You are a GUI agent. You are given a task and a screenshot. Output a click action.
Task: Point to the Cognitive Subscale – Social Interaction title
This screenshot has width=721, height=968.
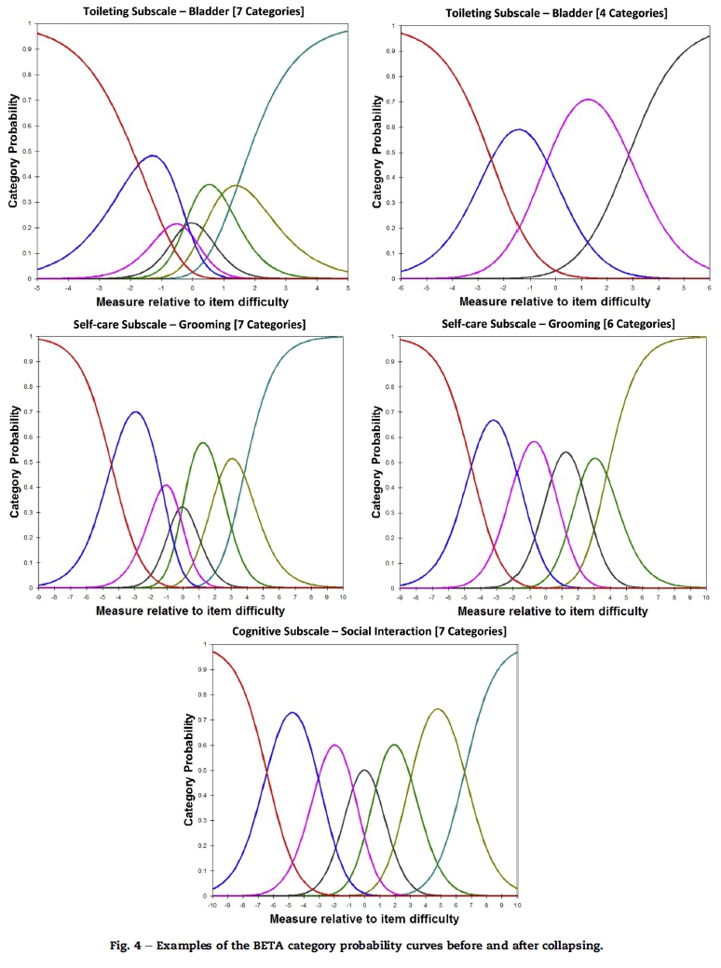363,632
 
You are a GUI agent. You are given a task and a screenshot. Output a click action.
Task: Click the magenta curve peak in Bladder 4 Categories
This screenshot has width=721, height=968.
587,100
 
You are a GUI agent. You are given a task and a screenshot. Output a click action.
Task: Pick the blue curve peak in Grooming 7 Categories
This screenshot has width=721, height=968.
136,411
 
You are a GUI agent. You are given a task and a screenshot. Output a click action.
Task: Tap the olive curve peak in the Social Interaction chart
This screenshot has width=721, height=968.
437,709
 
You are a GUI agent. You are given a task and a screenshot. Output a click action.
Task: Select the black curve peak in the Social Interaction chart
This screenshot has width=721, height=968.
364,770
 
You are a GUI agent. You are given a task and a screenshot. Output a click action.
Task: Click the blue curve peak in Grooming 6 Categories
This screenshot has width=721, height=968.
494,421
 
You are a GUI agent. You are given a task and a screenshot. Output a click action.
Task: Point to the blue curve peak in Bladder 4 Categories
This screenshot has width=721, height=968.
518,129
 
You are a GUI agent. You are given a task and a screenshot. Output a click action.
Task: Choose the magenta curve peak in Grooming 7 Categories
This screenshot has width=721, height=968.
167,485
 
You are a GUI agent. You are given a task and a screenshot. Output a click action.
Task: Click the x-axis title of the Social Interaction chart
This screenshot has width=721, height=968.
364,919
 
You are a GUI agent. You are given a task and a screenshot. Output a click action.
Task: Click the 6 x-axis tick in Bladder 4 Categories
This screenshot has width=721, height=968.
709,288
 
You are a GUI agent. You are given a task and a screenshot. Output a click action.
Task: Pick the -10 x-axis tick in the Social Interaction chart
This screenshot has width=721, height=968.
212,904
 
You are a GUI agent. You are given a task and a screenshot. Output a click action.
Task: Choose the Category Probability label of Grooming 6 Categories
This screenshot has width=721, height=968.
377,464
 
